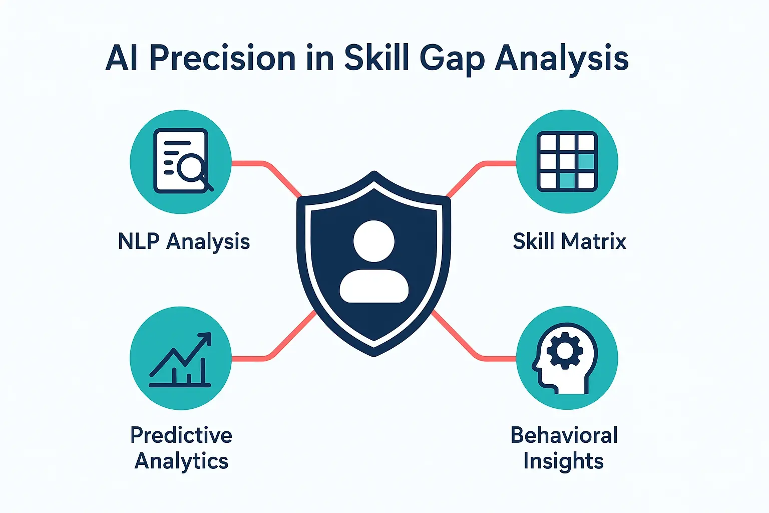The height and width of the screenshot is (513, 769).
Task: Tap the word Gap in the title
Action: [452, 59]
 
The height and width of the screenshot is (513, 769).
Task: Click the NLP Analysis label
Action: [184, 241]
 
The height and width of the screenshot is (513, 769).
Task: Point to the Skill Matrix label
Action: [570, 241]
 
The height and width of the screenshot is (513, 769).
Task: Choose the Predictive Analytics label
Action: [181, 448]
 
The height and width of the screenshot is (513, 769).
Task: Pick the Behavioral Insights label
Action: [564, 448]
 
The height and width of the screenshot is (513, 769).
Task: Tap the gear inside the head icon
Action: [565, 351]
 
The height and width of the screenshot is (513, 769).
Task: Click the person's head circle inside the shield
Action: [374, 241]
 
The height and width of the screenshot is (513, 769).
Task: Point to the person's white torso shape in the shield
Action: [374, 287]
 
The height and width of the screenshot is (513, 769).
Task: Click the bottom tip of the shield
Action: [374, 353]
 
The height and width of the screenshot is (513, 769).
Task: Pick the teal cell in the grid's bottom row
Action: [567, 180]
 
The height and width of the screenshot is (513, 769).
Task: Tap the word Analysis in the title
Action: [561, 59]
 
